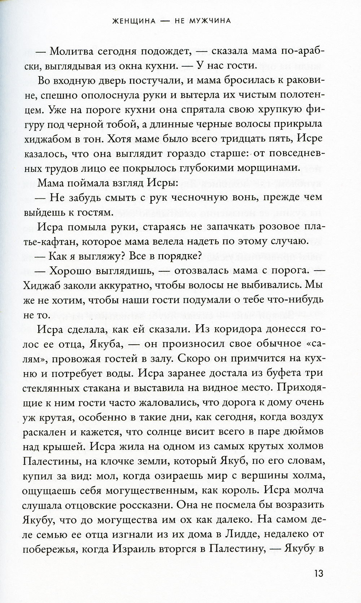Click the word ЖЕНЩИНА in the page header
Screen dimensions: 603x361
click(134, 21)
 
